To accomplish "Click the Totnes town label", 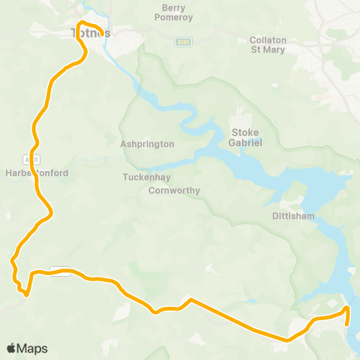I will pos(90,34).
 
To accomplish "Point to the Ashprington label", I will pos(147,143).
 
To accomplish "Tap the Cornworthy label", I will pos(174,190).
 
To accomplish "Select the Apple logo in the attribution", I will pos(11,348).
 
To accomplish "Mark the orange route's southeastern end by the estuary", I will pos(348,324).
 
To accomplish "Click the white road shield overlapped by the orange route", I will pos(60,271).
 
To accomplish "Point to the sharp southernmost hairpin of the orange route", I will pos(26,294).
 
